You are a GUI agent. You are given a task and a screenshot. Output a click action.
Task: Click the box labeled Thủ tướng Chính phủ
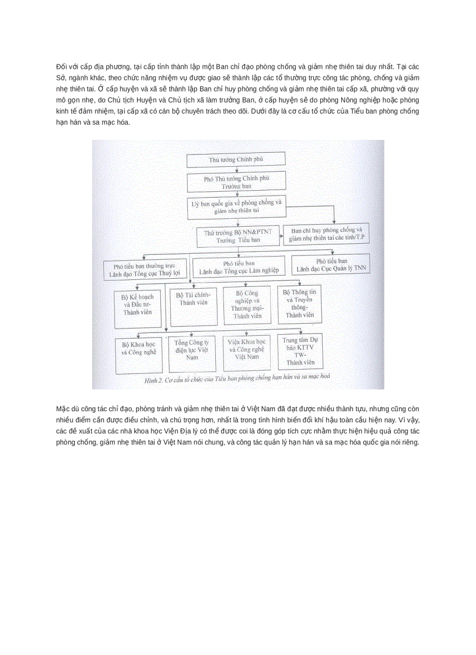(x=236, y=159)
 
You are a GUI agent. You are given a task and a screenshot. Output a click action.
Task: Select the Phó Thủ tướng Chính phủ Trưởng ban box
(x=236, y=181)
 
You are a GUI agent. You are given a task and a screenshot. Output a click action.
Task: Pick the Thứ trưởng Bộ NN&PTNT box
(x=238, y=236)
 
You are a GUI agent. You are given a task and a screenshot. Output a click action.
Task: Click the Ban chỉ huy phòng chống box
(x=330, y=234)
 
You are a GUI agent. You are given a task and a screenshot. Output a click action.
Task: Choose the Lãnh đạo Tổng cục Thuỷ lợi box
(x=147, y=268)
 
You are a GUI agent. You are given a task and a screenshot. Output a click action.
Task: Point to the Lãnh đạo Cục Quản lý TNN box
(x=331, y=265)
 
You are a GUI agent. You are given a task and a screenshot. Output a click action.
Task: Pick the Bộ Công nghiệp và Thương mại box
(x=247, y=304)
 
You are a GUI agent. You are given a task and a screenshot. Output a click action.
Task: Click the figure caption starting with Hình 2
(x=237, y=378)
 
